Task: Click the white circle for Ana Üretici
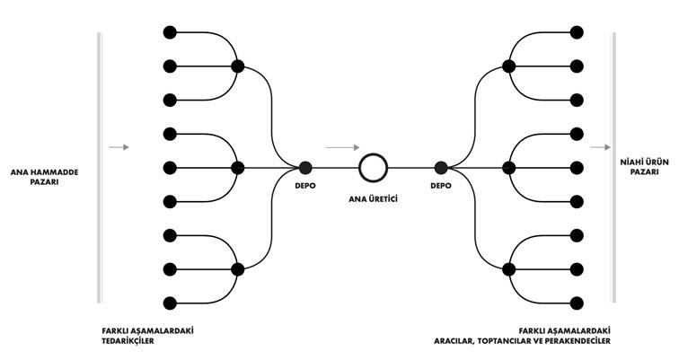tap(372, 167)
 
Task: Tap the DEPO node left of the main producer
tap(305, 167)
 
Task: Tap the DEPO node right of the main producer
tap(441, 167)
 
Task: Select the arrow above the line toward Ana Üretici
tap(340, 146)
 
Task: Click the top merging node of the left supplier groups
tap(237, 66)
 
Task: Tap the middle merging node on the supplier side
tap(237, 167)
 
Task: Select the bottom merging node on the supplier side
tap(237, 268)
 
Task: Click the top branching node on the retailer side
tap(508, 66)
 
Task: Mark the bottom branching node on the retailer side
tap(508, 268)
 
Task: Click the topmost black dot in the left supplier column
tap(169, 32)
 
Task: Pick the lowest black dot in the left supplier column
tap(169, 303)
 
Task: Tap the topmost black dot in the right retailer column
tap(577, 32)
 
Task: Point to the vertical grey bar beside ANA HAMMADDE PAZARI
tap(100, 167)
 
